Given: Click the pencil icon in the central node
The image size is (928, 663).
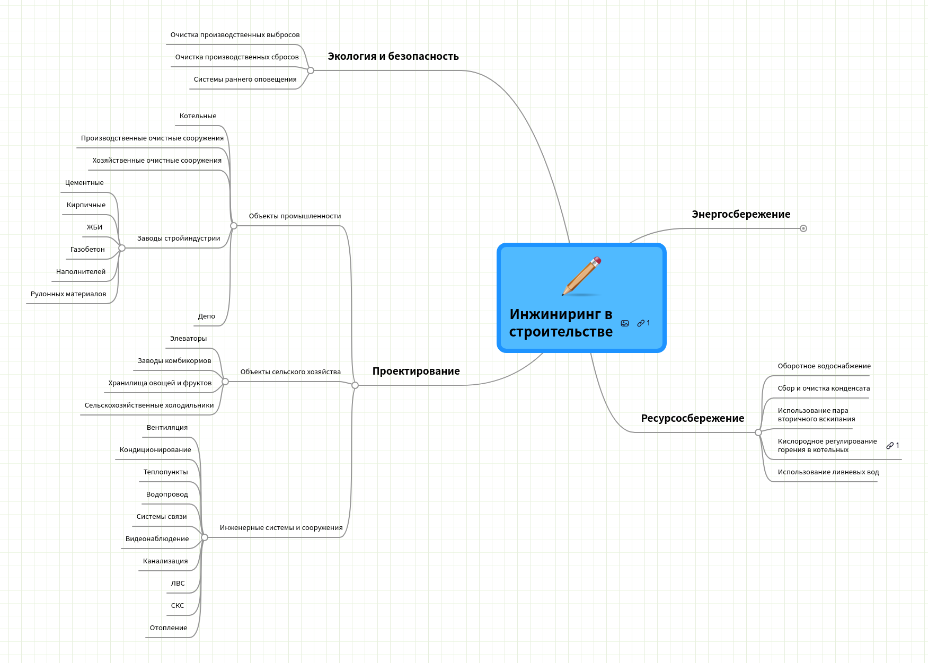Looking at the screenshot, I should coord(582,276).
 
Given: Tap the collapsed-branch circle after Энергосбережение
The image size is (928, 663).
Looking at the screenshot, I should coord(803,228).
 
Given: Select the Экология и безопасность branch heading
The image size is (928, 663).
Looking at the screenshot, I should coord(393,57).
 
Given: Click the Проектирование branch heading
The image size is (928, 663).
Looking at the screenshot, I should coord(416,372).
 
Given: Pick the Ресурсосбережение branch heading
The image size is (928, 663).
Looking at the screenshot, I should coord(692,419).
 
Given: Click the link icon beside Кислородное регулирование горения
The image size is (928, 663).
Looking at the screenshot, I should coord(890,446).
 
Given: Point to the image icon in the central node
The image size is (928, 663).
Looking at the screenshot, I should coord(625,323).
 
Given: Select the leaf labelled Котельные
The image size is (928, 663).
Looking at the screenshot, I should coord(198,116).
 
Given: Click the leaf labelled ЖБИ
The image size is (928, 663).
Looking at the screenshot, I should coord(94,227).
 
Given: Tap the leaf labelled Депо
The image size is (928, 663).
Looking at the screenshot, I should coord(206,316).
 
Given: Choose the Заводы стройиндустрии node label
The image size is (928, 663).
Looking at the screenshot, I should coord(178,238).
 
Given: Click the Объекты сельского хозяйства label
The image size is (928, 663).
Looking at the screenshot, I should coord(290,372).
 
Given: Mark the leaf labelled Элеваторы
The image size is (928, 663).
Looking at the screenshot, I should coord(188,339).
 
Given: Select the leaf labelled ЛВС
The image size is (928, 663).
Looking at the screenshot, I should coord(178,584).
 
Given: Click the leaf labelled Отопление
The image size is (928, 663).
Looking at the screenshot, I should coord(168,628).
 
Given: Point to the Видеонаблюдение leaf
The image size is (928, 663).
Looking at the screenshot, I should coord(157,539).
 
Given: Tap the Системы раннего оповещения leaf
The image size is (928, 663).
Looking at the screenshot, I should coord(245,79).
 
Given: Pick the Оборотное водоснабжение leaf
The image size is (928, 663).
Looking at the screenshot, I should coord(824,366).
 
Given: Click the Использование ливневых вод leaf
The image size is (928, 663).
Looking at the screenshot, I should coord(828,472).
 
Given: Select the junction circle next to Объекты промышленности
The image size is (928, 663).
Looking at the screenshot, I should coord(234,226).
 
